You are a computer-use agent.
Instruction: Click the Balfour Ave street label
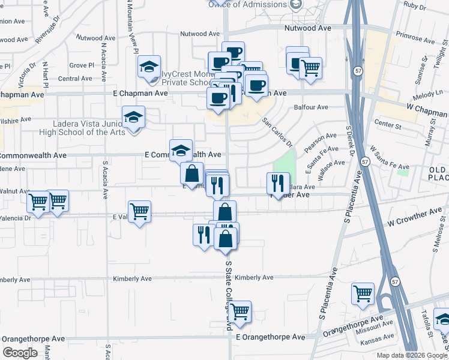click(x=311, y=107)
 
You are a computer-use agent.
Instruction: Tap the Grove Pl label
click(x=82, y=65)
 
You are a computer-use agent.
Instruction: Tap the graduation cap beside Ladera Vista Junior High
click(x=134, y=116)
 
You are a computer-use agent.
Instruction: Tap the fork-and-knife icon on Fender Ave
click(x=278, y=182)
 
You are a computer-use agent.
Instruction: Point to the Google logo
click(x=20, y=352)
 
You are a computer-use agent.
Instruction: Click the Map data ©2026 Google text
click(x=411, y=355)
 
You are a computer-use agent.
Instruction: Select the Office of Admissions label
click(x=247, y=5)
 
